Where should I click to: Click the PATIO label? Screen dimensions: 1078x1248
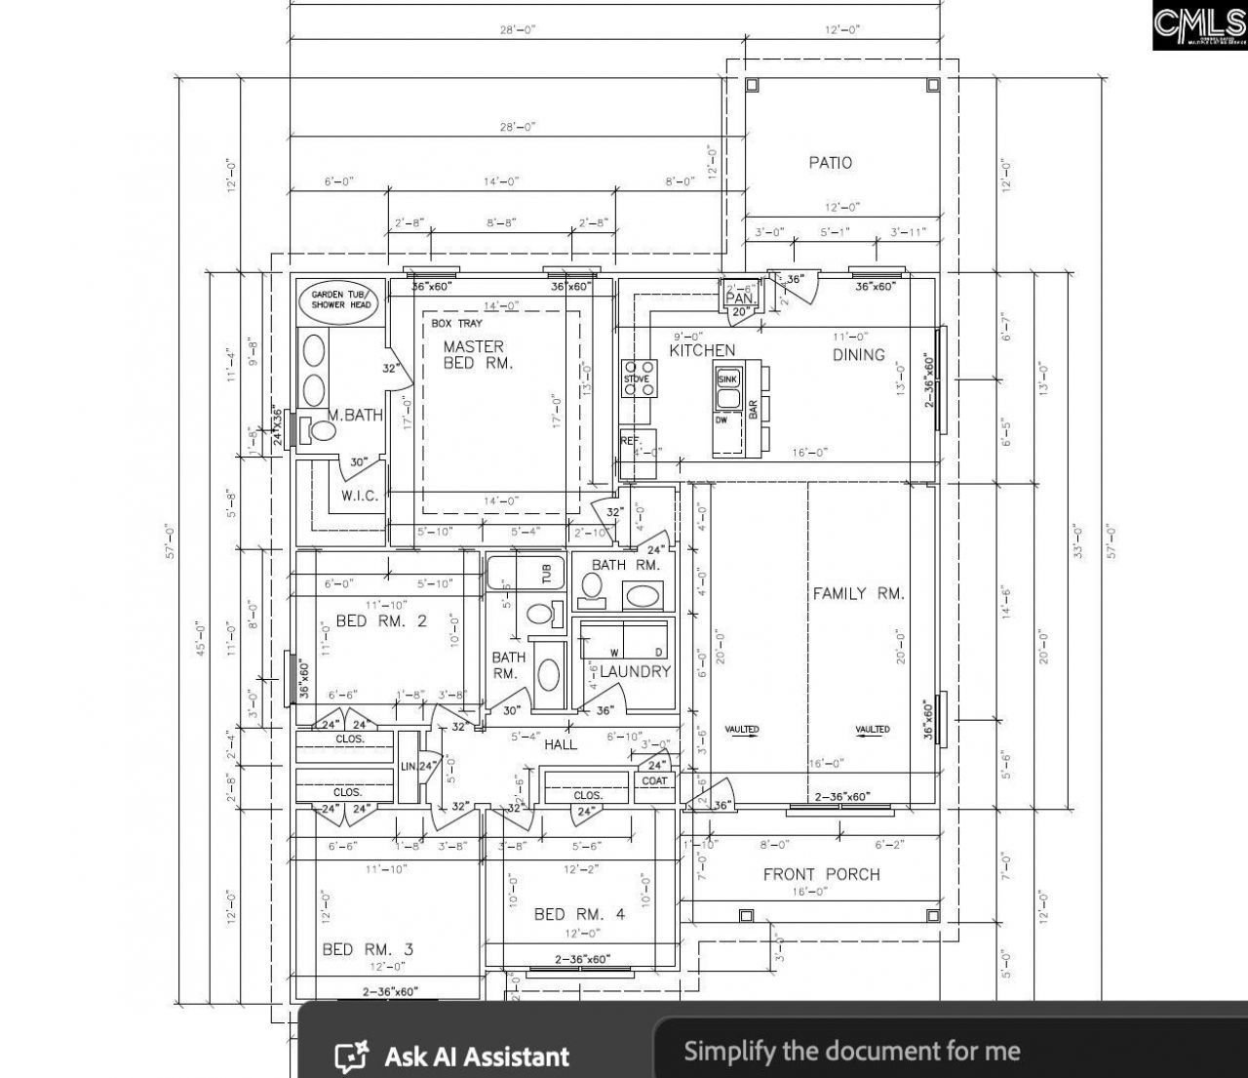(x=830, y=163)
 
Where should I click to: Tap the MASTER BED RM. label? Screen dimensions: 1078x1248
(x=474, y=354)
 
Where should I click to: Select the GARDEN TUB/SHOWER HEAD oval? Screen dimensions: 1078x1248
(x=340, y=299)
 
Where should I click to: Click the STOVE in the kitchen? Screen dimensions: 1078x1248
(x=638, y=379)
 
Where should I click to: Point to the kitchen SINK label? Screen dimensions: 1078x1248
(x=727, y=379)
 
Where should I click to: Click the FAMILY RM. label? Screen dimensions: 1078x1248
(x=858, y=593)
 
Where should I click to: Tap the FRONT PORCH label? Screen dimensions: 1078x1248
(x=821, y=874)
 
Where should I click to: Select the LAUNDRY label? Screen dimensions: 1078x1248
(x=635, y=671)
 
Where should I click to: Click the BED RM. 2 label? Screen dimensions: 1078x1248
(x=381, y=620)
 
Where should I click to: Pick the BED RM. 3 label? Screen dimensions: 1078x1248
(x=368, y=949)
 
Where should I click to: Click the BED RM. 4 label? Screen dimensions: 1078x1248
(x=579, y=914)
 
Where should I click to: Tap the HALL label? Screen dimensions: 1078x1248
(x=561, y=744)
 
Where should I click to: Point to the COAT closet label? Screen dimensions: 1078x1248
(x=654, y=780)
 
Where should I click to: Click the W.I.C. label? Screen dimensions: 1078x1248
(x=360, y=496)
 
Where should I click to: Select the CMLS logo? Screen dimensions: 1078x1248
(x=1198, y=26)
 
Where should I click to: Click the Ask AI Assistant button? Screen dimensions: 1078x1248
(x=452, y=1057)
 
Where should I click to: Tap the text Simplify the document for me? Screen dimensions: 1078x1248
(x=851, y=1051)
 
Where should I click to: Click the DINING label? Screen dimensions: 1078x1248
(x=858, y=355)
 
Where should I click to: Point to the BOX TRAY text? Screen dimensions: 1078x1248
(x=456, y=323)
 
